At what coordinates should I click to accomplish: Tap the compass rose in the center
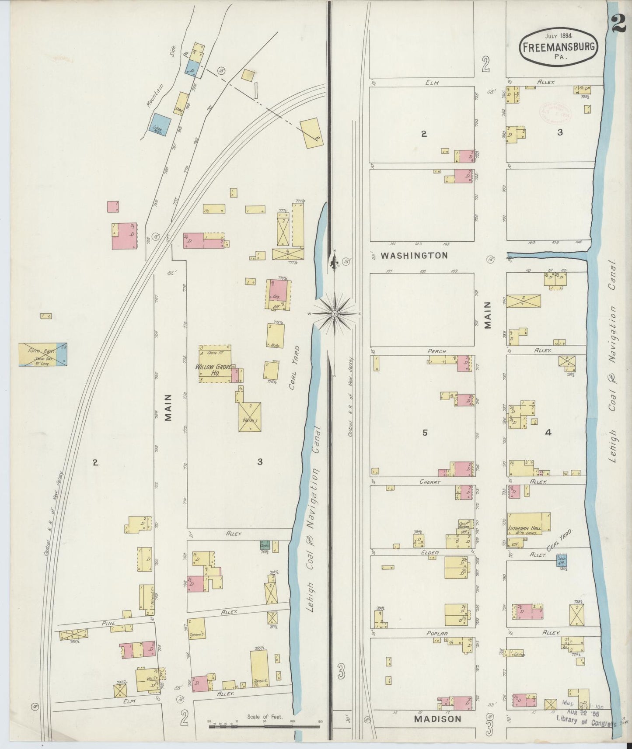point(335,313)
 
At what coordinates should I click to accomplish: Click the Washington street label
point(414,256)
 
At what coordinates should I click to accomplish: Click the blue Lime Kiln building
point(158,124)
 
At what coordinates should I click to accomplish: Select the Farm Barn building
point(42,354)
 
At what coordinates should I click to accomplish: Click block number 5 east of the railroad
point(424,432)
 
